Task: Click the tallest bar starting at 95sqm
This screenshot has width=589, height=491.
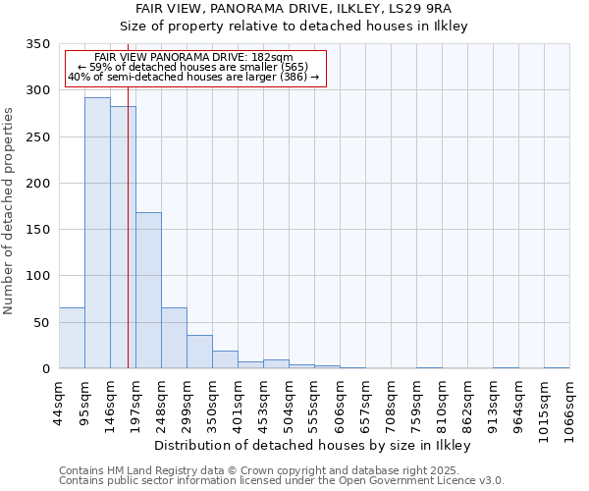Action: [97, 233]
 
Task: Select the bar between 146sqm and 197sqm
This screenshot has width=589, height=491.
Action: [123, 238]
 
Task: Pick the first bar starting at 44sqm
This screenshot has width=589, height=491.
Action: [72, 338]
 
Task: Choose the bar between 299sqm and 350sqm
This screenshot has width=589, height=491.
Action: [199, 352]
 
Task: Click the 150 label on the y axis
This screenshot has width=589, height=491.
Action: [38, 230]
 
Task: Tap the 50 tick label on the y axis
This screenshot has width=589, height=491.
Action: [42, 322]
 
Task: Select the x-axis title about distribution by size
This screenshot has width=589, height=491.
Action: [313, 445]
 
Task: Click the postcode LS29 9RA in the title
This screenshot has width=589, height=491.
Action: [423, 9]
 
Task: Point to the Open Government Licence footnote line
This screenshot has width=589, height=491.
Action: [282, 481]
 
